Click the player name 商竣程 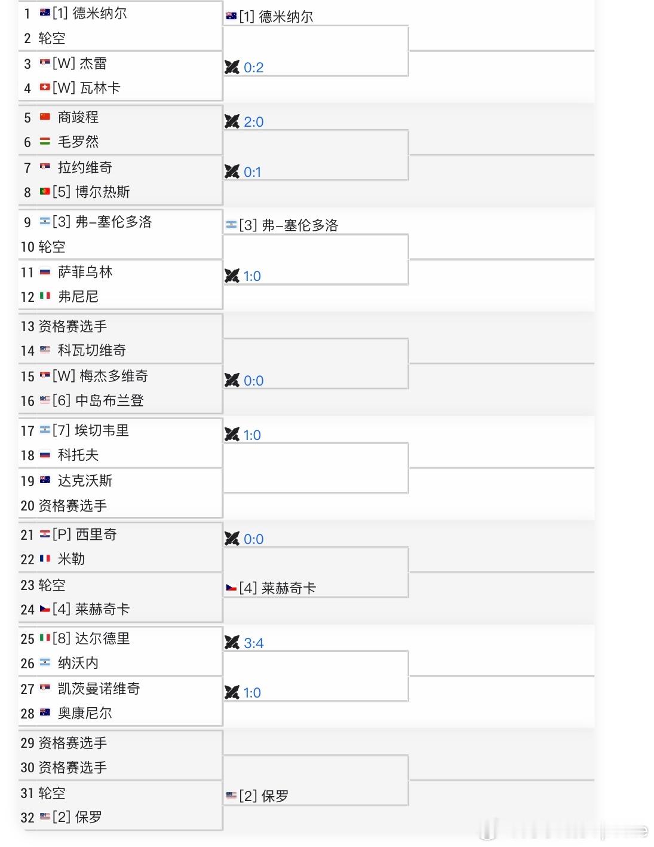[78, 117]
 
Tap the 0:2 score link [253, 68]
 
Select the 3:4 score [253, 643]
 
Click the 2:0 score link [253, 122]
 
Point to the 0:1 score [252, 172]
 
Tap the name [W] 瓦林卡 [87, 88]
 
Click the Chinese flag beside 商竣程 [45, 117]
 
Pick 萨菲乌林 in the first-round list [85, 272]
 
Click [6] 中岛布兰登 [98, 400]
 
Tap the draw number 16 [27, 401]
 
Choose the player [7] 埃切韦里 [91, 430]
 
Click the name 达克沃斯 [85, 481]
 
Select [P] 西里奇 [85, 534]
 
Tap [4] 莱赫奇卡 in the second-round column [277, 588]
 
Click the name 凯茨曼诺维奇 [99, 689]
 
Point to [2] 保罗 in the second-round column [263, 796]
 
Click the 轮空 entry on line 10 [52, 247]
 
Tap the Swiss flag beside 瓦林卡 [45, 87]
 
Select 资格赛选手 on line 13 [72, 326]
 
